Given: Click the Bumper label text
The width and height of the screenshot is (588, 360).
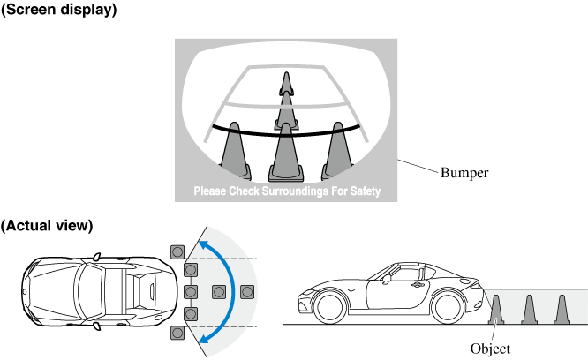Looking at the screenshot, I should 464,173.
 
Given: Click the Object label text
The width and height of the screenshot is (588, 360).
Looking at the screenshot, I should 490,349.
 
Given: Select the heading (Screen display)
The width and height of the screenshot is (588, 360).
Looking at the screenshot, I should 59,10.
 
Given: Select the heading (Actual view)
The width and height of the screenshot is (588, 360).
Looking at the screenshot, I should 47,225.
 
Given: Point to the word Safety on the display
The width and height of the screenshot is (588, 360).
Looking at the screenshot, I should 363,191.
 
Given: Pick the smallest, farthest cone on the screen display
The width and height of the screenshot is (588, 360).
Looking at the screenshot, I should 285,83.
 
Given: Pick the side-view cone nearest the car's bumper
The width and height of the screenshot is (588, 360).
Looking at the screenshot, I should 496,309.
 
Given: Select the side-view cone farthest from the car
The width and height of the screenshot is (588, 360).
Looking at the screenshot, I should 561,309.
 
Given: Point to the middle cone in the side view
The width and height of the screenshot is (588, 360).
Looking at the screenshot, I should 529,309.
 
